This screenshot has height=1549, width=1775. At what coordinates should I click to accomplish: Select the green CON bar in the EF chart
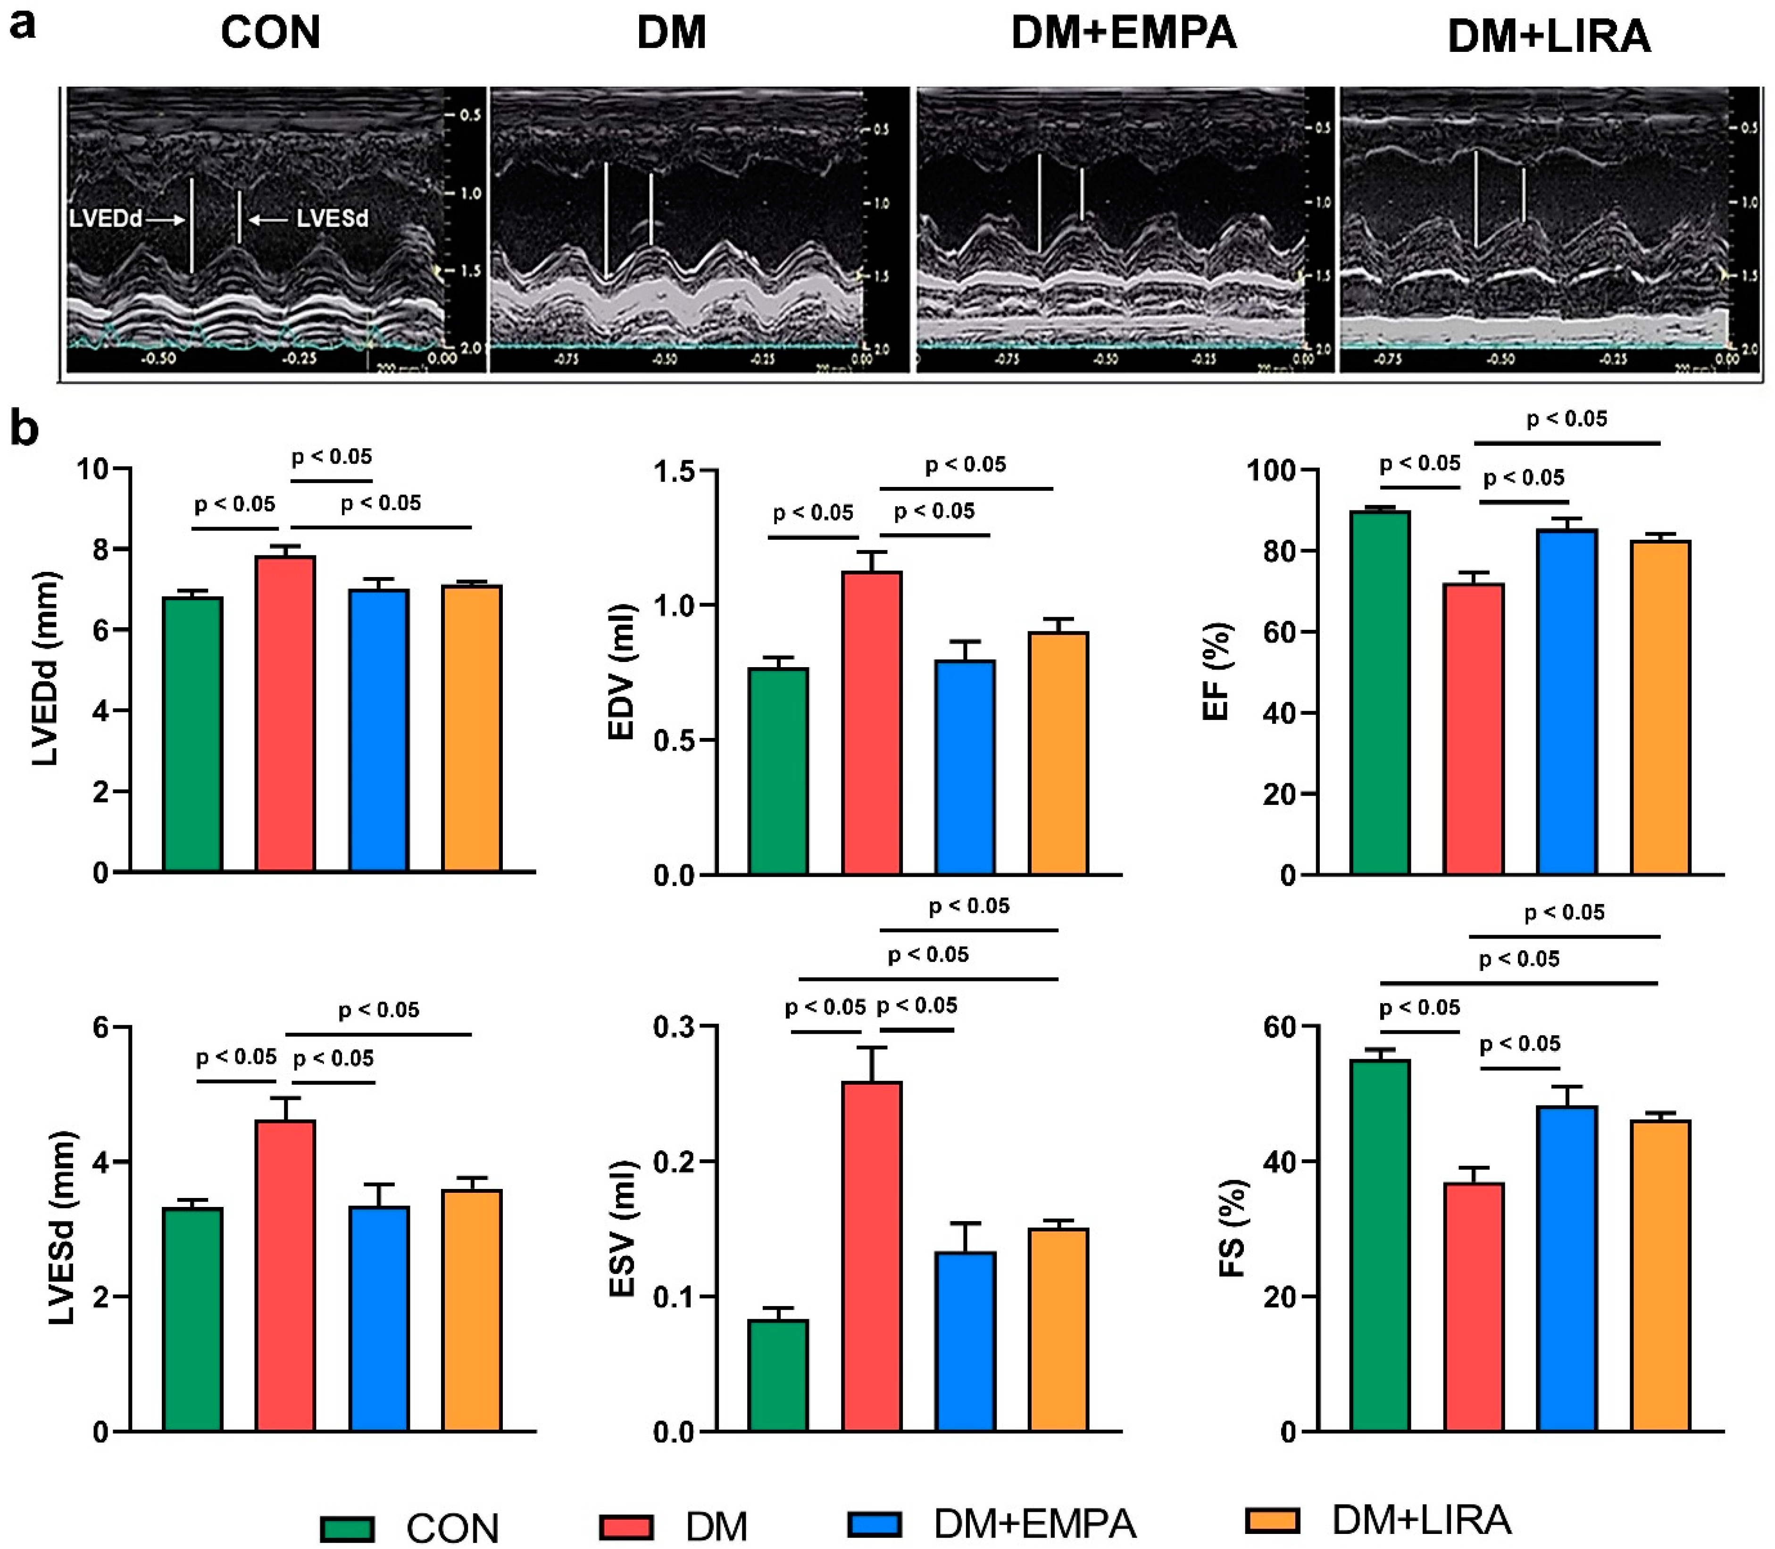1380,692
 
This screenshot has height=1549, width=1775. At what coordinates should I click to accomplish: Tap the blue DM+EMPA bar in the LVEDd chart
378,730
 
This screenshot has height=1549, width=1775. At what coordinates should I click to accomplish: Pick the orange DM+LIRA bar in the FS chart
1659,1275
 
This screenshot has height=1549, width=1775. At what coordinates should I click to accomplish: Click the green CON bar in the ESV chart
778,1374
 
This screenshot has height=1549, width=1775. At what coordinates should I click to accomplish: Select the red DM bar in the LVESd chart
285,1275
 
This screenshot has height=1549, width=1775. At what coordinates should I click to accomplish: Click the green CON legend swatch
347,1528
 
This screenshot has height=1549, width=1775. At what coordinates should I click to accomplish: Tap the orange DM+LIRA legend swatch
1272,1521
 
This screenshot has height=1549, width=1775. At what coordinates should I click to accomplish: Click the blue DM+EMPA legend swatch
875,1523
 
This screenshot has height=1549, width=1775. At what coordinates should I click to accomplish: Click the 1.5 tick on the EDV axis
674,472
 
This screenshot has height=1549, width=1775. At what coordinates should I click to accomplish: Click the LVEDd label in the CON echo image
106,219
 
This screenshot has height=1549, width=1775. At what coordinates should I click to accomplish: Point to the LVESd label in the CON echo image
333,219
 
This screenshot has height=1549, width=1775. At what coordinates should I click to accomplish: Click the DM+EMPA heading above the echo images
1124,33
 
